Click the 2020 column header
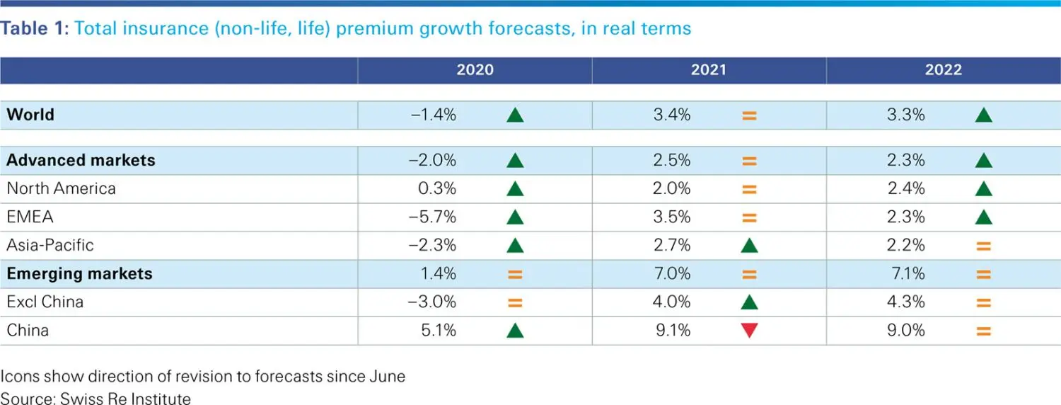(x=475, y=69)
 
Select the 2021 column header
(x=709, y=69)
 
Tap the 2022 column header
(x=944, y=69)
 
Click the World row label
(x=30, y=115)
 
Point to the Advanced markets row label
(x=81, y=160)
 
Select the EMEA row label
(x=30, y=217)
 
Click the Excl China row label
(x=45, y=302)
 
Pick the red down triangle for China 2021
(x=749, y=331)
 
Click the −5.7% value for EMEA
(x=432, y=217)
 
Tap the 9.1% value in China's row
(x=672, y=330)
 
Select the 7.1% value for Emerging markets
(x=906, y=273)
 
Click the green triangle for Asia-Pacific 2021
(x=749, y=246)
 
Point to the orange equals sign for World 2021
(x=749, y=115)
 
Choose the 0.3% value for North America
(x=438, y=188)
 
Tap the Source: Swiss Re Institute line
(x=95, y=399)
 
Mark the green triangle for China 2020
(x=515, y=331)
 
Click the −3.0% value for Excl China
(x=432, y=302)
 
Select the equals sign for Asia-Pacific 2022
(x=983, y=246)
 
